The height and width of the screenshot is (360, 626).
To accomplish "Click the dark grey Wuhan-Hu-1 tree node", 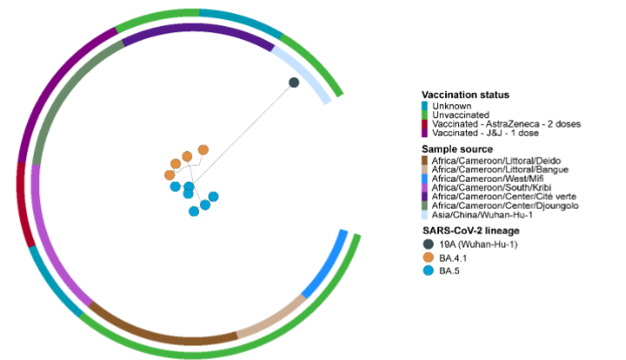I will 295,83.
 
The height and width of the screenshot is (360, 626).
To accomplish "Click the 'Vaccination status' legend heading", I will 465,95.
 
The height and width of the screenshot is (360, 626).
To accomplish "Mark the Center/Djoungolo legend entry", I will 503,205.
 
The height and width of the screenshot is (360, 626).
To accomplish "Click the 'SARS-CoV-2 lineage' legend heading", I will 470,230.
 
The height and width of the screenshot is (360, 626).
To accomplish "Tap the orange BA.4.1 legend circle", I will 428,258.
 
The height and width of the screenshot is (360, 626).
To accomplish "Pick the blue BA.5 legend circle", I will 428,271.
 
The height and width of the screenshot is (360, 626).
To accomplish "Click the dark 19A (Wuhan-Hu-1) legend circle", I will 428,244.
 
